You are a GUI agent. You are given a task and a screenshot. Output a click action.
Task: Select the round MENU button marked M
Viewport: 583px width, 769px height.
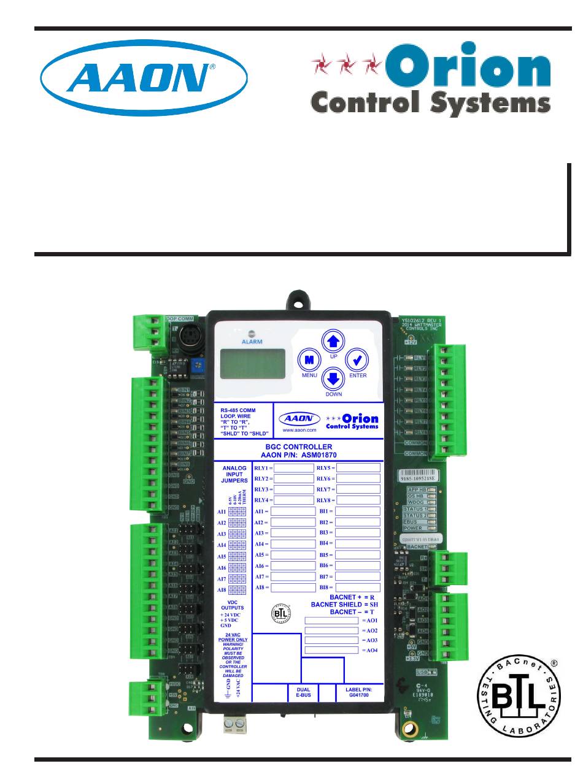point(310,360)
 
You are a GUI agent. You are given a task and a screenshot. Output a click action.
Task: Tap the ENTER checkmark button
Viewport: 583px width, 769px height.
point(357,360)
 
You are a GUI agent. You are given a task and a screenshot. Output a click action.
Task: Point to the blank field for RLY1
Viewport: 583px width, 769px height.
point(293,467)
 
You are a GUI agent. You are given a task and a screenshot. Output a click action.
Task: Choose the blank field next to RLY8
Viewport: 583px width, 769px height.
point(358,500)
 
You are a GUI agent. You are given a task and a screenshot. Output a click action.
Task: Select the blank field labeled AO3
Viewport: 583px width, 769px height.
point(331,640)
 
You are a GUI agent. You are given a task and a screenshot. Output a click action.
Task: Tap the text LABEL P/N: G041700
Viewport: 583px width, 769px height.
point(359,693)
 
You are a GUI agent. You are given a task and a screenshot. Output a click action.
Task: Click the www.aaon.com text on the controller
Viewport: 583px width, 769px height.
point(299,431)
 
